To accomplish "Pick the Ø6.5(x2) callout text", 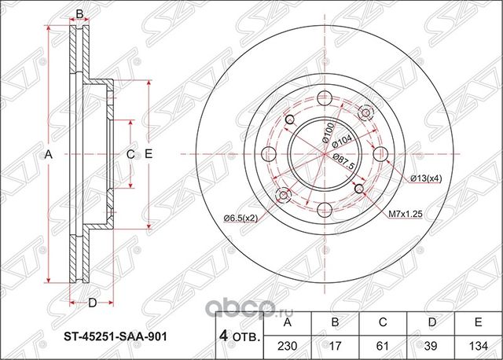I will coord(240,217).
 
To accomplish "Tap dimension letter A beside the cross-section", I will coord(48,155).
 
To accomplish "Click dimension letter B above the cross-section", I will coord(79,13).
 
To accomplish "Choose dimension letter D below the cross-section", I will coord(91,303).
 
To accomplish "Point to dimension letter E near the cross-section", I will coord(147,155).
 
